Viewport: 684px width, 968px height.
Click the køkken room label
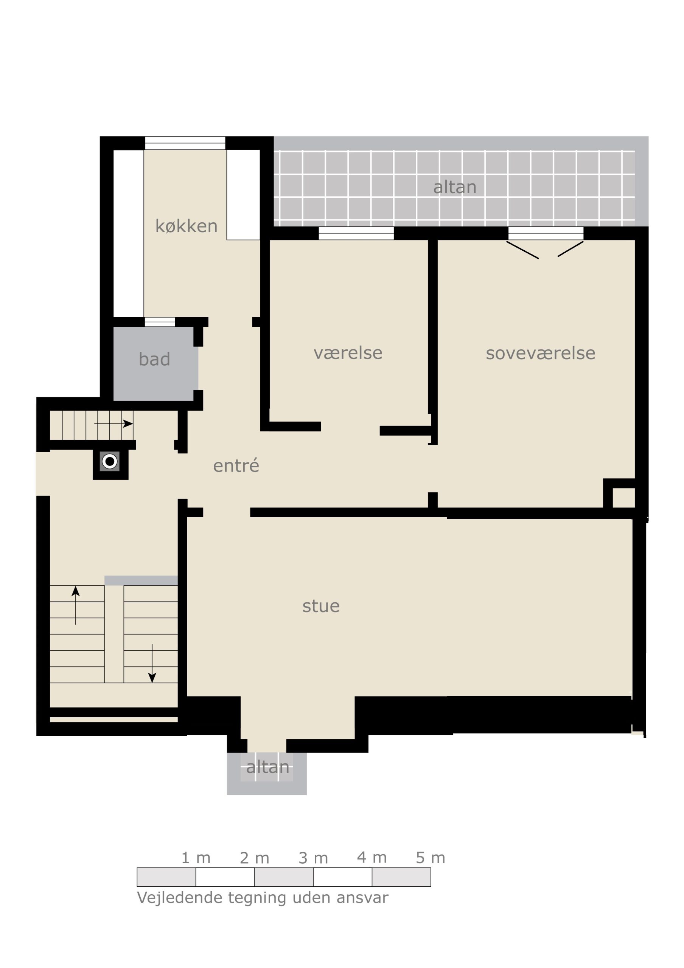pos(187,226)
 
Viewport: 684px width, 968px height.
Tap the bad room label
pos(154,359)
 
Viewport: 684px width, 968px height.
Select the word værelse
pos(348,352)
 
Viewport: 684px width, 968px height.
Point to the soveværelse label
pos(541,353)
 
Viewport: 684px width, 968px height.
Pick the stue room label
pos(321,606)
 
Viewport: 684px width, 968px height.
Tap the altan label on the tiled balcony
pos(455,187)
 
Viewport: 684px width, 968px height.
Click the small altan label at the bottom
pos(268,767)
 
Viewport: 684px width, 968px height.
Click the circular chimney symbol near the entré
pos(110,462)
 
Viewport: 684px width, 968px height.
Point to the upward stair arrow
pos(76,605)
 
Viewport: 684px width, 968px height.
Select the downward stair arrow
pos(152,663)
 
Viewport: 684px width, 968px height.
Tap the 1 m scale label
pos(196,858)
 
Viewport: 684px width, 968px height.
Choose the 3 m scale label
pos(313,858)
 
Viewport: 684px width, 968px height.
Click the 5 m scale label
pos(431,858)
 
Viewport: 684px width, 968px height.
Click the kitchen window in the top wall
pos(185,143)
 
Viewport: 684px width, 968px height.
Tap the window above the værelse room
pos(356,233)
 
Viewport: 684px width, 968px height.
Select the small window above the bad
pos(160,322)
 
